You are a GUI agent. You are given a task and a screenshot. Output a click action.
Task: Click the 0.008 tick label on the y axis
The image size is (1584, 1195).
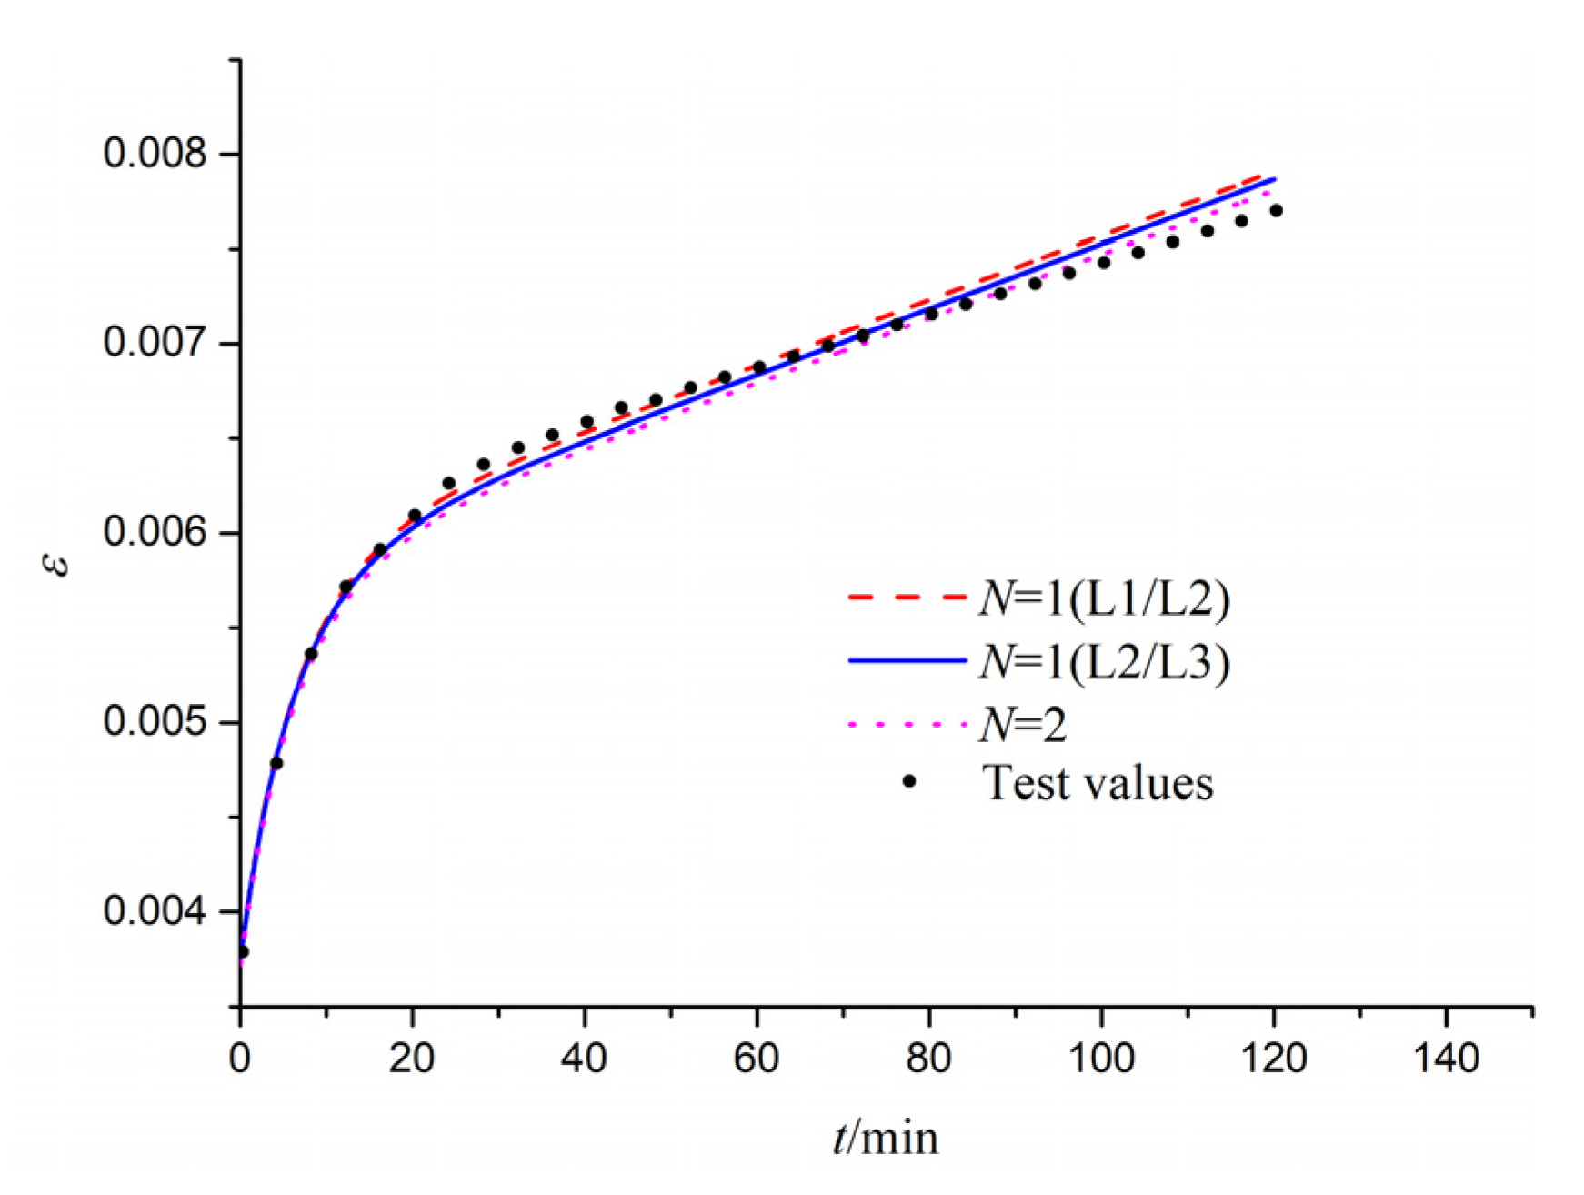(x=155, y=153)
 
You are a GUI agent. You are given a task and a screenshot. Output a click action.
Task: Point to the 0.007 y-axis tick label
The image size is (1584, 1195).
(x=155, y=343)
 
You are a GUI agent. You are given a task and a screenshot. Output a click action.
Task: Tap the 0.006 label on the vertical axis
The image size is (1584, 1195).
(x=155, y=532)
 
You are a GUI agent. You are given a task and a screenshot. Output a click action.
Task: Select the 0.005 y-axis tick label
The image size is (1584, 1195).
(x=155, y=722)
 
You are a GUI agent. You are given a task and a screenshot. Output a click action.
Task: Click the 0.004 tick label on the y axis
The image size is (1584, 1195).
(x=155, y=911)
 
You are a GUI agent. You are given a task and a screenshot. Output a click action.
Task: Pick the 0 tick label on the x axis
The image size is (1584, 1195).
(x=240, y=1059)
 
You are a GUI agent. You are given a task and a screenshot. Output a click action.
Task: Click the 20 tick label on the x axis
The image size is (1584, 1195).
(x=412, y=1059)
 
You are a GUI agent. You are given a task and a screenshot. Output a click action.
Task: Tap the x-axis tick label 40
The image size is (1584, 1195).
(x=584, y=1059)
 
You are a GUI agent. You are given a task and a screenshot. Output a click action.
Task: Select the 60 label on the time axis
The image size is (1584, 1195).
(x=757, y=1059)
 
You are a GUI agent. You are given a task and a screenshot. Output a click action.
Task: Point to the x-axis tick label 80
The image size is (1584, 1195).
(x=928, y=1059)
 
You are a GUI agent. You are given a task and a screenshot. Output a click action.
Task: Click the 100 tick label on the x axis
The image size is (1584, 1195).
(x=1101, y=1059)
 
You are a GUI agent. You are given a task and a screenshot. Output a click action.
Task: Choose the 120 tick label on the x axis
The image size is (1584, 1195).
(x=1273, y=1059)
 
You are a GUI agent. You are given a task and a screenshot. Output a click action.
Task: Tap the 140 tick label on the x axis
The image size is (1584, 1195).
(x=1446, y=1059)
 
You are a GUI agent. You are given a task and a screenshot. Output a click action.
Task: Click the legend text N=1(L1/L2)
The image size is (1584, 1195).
(x=1104, y=598)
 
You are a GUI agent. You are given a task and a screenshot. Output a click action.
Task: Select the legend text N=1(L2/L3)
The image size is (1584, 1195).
(x=1104, y=661)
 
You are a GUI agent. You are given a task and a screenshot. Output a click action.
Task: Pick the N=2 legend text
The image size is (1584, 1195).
(x=1023, y=725)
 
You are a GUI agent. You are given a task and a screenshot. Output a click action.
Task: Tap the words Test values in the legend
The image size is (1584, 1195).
(x=1098, y=783)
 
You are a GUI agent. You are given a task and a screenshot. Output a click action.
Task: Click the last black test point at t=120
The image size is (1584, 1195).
(x=1276, y=210)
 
